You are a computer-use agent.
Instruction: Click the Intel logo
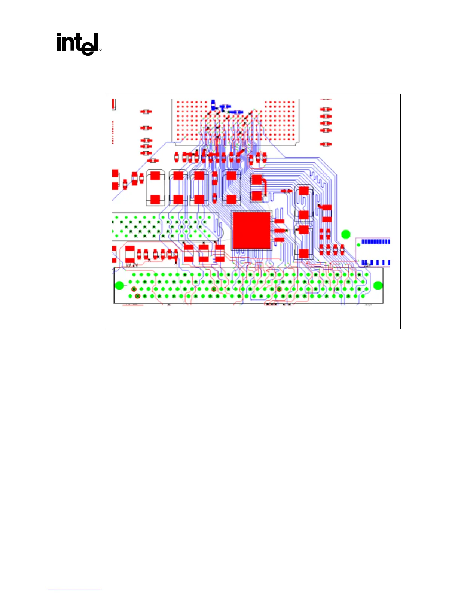tap(78, 44)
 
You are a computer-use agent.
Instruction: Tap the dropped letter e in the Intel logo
tap(87, 48)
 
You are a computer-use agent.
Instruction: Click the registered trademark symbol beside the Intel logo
tap(100, 49)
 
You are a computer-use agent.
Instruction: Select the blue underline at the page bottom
tap(74, 590)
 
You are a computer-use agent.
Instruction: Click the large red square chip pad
tap(251, 230)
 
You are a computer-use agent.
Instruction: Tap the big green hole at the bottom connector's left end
tap(119, 286)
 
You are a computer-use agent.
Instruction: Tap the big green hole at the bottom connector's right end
tap(378, 286)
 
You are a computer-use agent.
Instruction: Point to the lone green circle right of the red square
tap(346, 235)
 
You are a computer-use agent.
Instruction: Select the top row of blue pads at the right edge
tap(375, 242)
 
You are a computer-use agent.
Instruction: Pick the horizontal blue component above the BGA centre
tap(236, 112)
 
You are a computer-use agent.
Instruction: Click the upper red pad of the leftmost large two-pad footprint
tap(155, 176)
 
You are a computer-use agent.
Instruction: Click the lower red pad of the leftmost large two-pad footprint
tap(155, 199)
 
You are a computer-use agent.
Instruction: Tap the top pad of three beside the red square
tap(279, 222)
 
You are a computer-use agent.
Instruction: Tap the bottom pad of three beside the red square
tap(279, 240)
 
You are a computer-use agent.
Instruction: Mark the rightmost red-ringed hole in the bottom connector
tap(279, 289)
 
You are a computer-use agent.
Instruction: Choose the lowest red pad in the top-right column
tap(326, 144)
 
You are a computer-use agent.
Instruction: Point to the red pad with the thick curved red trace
tap(256, 180)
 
